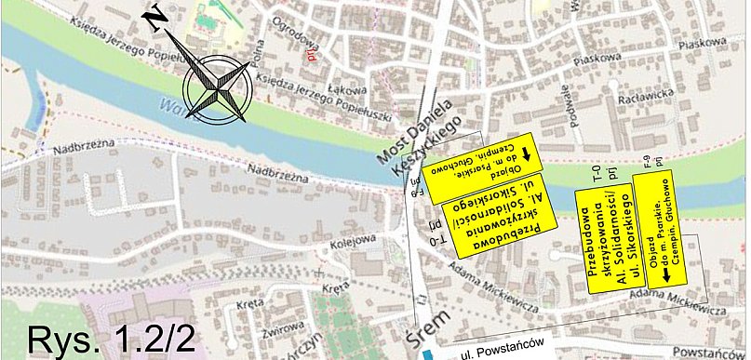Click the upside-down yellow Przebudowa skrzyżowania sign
click(500, 226)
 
